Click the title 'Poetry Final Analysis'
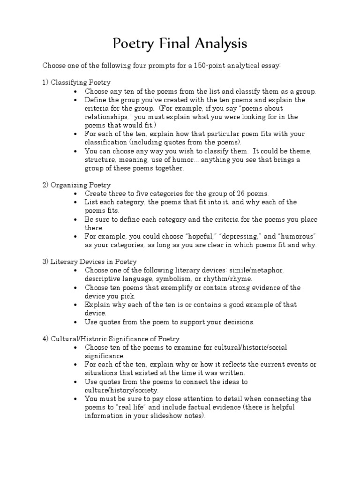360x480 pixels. tap(180, 44)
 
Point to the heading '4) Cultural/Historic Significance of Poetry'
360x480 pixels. tap(111, 338)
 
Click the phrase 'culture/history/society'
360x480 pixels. tap(121, 390)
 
